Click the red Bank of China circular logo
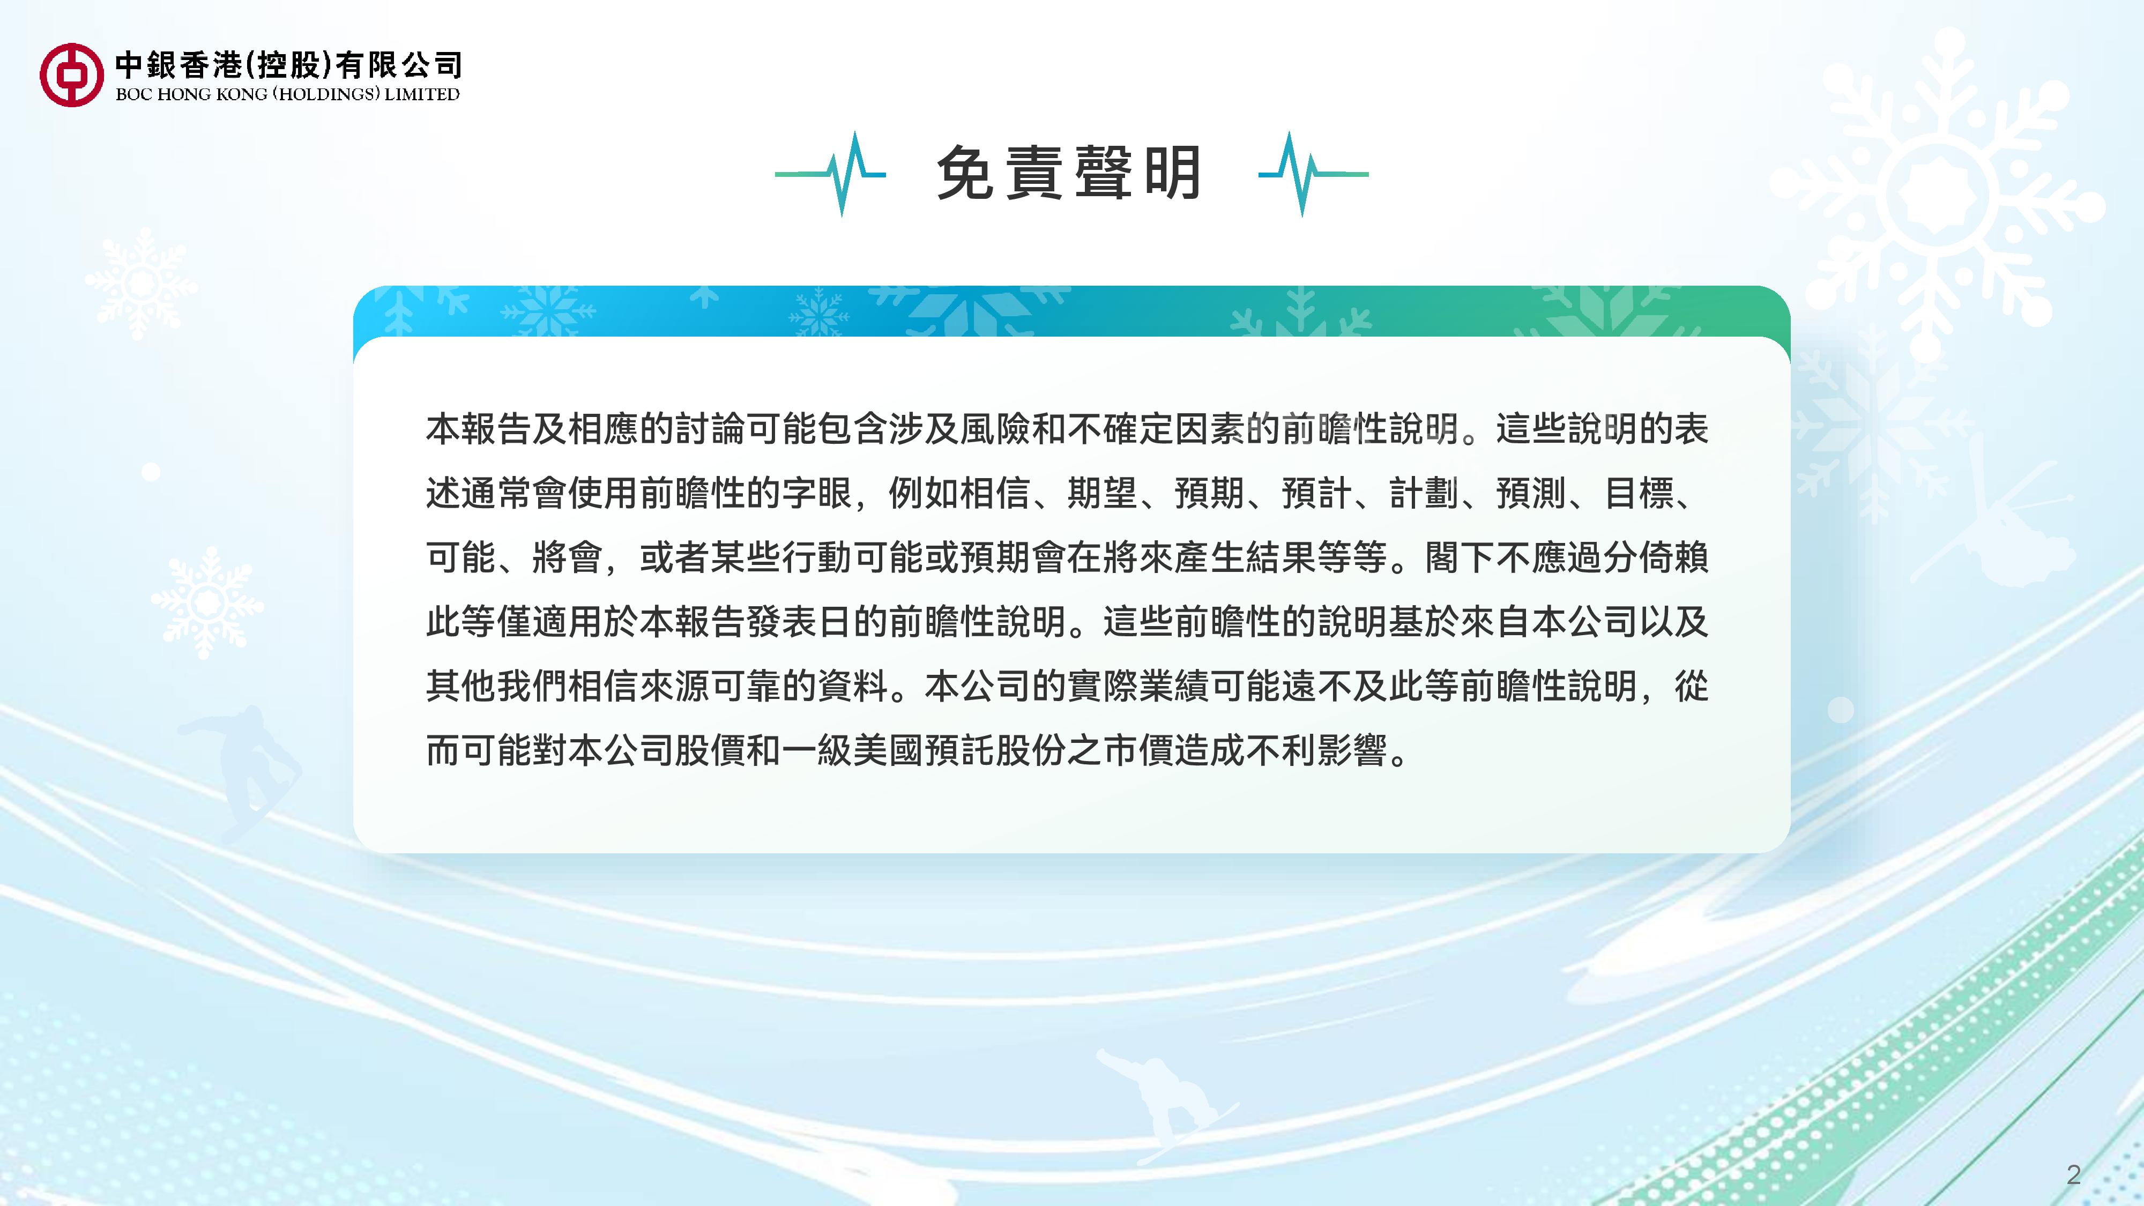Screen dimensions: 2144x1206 click(72, 75)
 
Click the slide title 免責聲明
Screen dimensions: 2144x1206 click(1069, 173)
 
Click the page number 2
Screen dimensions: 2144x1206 click(2073, 1174)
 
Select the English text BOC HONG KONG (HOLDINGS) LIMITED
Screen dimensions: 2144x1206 click(287, 94)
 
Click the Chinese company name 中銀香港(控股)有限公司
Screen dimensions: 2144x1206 click(288, 64)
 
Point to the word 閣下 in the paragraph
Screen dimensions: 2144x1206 click(1460, 557)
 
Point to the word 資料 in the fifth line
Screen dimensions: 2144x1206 click(853, 687)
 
